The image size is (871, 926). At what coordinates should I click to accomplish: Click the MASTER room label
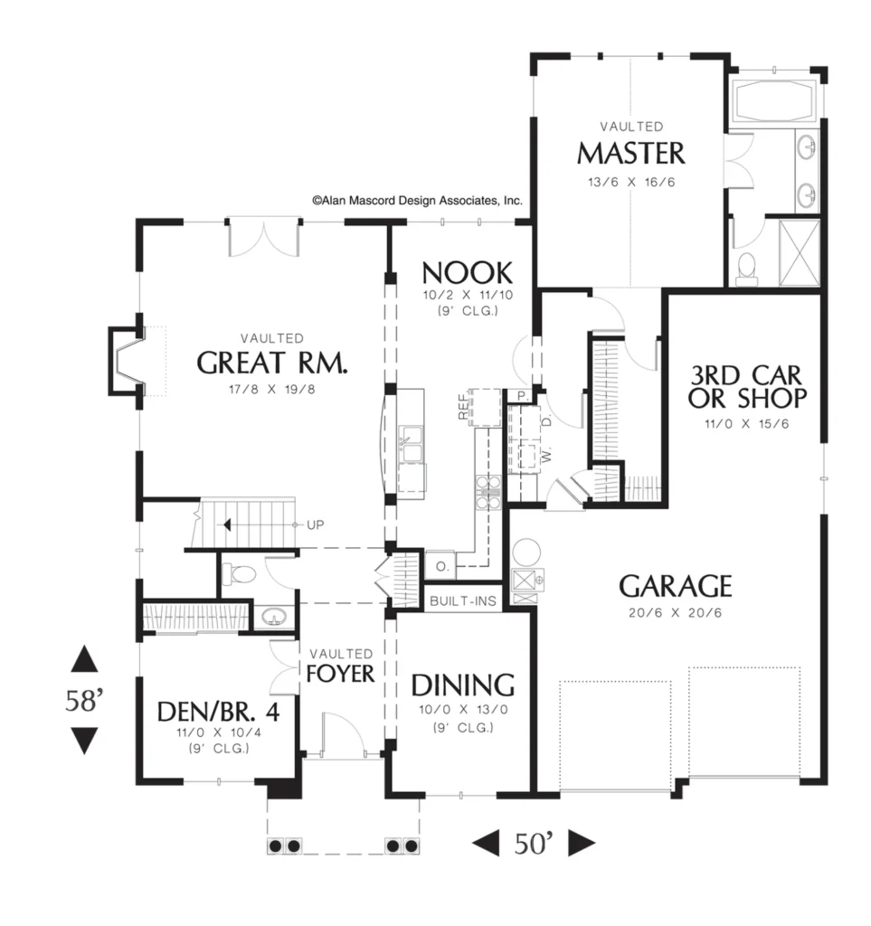tap(630, 154)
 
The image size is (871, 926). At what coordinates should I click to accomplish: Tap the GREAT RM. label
tap(271, 364)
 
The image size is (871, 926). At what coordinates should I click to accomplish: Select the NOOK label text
tap(468, 273)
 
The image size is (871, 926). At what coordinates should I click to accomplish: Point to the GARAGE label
tap(676, 586)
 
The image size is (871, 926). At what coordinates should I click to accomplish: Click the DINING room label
tap(463, 685)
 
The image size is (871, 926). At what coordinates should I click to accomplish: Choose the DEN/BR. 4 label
tap(219, 713)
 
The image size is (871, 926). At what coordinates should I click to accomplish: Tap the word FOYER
tap(341, 673)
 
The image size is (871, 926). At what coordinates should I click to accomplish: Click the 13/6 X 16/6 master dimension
tap(631, 182)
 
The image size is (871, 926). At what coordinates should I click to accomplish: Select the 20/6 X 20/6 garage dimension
tap(676, 612)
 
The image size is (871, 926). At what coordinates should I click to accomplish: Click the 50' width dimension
tap(535, 844)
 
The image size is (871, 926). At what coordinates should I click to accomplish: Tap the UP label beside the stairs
tap(316, 524)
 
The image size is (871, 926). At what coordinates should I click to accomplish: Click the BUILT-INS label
tap(463, 601)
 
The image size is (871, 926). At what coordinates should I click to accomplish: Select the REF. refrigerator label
tap(463, 407)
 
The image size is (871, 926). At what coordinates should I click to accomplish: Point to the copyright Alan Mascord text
tap(418, 201)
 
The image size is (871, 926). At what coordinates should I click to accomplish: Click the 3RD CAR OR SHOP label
tap(747, 387)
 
